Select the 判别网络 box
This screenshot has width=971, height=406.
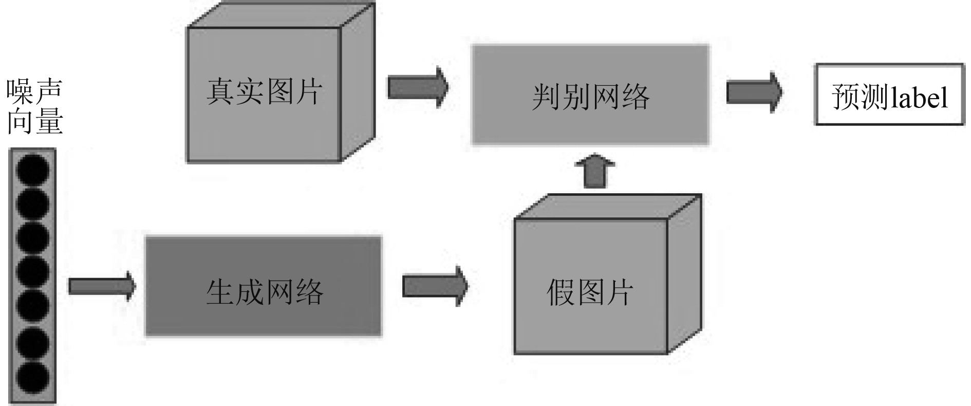pos(590,95)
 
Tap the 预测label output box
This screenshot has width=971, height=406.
pos(889,95)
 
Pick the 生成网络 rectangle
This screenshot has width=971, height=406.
pos(264,286)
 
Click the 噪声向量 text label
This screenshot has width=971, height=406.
pos(35,107)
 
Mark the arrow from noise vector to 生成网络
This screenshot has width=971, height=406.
pos(102,286)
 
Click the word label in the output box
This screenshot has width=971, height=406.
pos(919,96)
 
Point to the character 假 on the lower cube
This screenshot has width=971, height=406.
pos(561,292)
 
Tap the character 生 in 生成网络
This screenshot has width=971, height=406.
pos(220,292)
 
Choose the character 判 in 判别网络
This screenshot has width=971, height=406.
pos(546,97)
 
